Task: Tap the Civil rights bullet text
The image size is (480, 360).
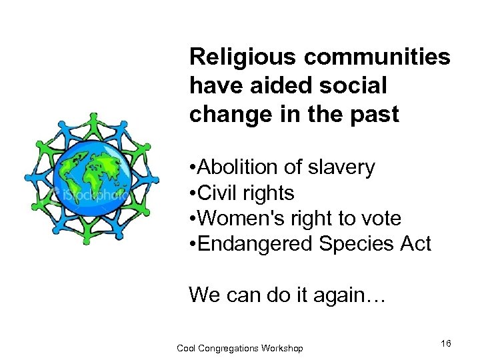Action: pos(246,193)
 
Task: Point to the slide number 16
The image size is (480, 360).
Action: pos(445,343)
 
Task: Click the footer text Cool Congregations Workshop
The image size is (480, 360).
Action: pos(239,348)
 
